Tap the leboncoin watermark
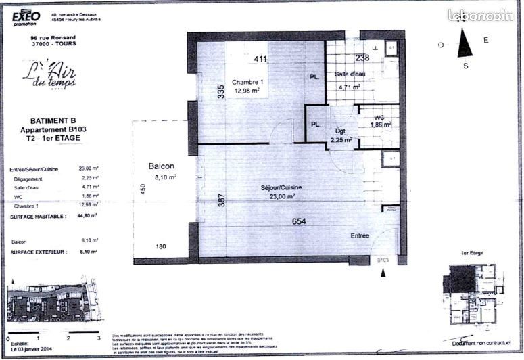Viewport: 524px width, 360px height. pos(480,14)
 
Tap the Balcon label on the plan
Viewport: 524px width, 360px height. pos(162,166)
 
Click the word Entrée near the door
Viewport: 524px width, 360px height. pos(359,235)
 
